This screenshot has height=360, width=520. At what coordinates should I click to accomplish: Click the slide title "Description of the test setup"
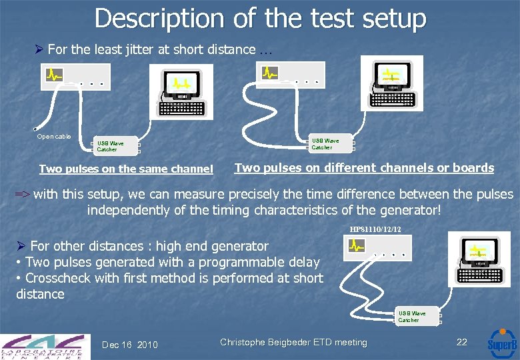[x=260, y=18]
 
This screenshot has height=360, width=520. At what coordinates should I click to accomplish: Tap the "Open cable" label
[x=54, y=137]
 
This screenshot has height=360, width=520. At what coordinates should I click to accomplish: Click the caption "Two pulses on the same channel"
[x=126, y=169]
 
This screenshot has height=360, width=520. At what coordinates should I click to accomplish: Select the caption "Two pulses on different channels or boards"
[x=364, y=168]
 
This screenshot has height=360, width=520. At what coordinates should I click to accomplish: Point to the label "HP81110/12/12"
[x=375, y=230]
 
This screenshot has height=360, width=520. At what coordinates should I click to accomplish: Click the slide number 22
[x=461, y=342]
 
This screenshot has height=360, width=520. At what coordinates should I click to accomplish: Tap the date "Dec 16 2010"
[x=130, y=344]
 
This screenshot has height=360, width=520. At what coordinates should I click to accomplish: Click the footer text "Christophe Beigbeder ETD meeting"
[x=293, y=343]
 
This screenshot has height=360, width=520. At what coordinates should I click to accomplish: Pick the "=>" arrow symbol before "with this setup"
[x=23, y=195]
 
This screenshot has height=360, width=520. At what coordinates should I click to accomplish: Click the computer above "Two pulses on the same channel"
[x=181, y=93]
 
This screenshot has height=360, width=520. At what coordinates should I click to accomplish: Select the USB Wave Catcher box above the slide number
[x=411, y=317]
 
